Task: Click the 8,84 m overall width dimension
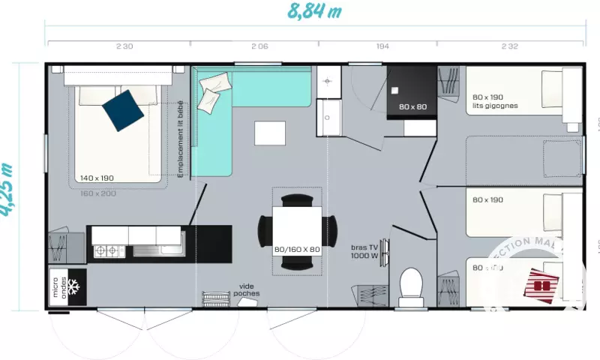(314, 11)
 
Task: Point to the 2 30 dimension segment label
(124, 46)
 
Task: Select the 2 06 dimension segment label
(259, 46)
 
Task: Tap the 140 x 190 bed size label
(97, 178)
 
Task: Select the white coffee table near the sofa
(270, 133)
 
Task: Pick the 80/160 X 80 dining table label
(297, 249)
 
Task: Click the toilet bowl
(411, 285)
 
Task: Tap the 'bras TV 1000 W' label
(365, 250)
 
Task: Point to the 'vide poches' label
(247, 289)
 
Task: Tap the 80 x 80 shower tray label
(412, 106)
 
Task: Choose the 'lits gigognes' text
(496, 106)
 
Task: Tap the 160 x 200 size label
(98, 193)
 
